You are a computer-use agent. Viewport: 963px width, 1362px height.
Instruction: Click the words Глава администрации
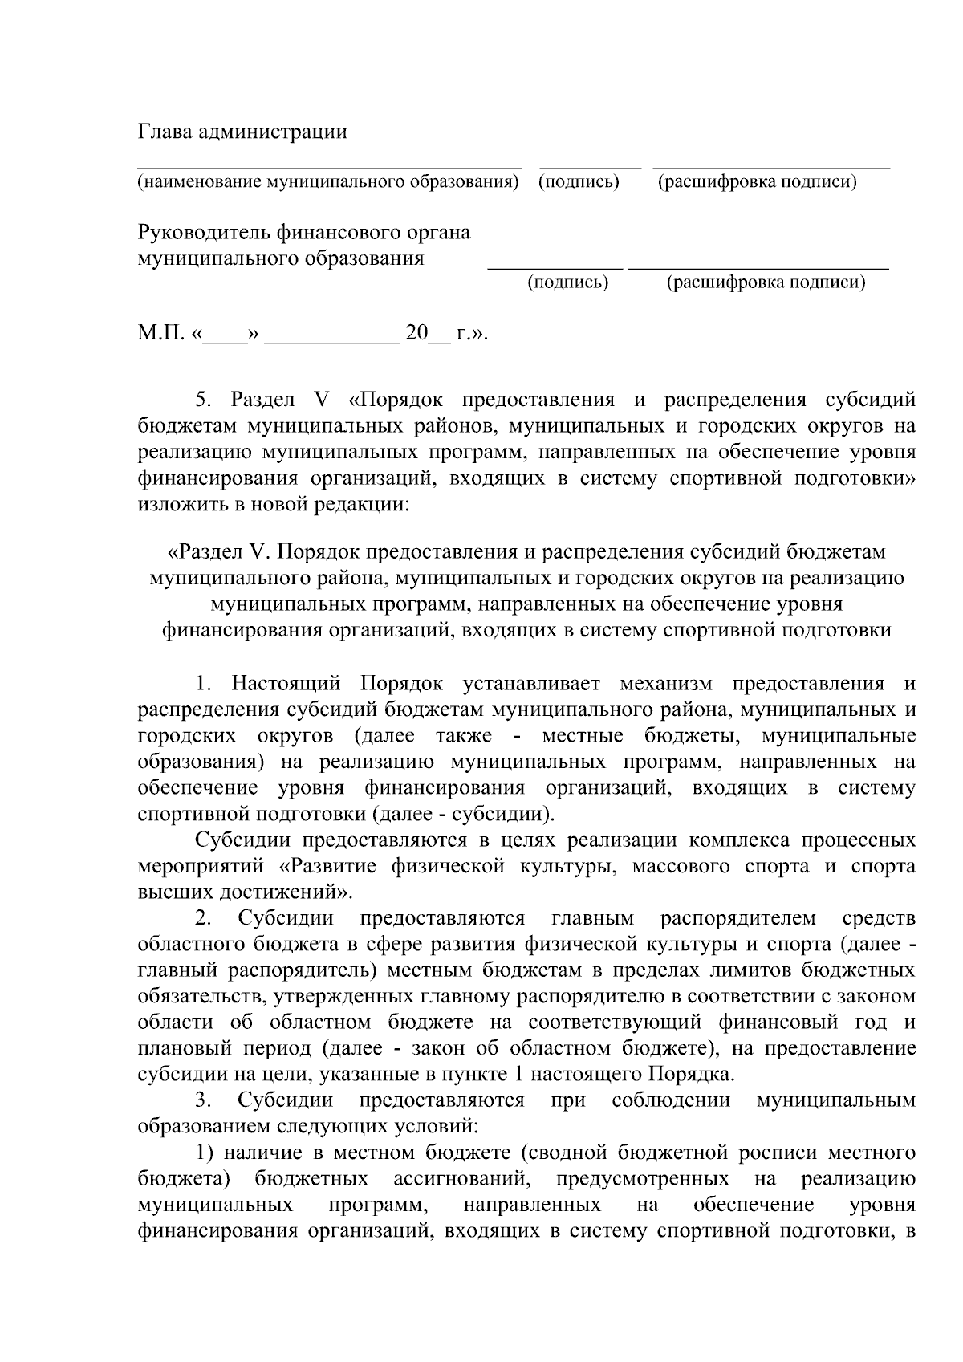[242, 132]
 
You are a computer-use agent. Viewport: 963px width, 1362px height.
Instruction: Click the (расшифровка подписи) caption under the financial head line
[766, 283]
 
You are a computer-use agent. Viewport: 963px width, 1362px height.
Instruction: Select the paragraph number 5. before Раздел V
[203, 400]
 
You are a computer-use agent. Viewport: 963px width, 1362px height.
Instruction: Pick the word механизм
[666, 684]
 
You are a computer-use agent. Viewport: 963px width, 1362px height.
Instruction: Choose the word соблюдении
[671, 1100]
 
